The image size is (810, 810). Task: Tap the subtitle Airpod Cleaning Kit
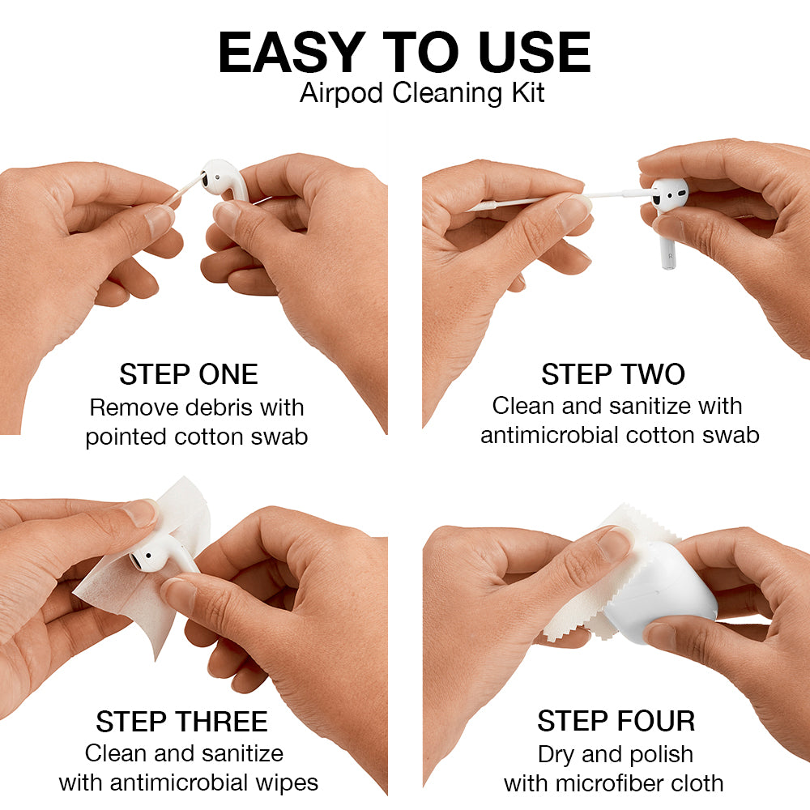(x=422, y=92)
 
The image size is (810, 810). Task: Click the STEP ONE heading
(x=188, y=374)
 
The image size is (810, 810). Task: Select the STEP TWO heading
(x=613, y=374)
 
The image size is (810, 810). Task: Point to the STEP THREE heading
(x=181, y=722)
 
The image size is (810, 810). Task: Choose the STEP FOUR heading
(x=616, y=721)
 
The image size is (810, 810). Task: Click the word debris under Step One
(x=210, y=407)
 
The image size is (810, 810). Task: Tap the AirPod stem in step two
(x=667, y=243)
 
